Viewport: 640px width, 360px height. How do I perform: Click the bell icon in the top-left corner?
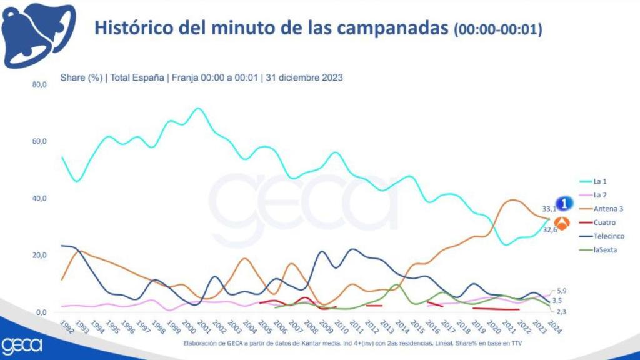[37, 34]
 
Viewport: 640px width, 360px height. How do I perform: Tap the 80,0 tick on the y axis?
[39, 84]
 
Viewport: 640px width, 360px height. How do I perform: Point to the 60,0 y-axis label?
[39, 141]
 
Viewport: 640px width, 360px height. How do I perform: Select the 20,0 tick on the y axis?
[39, 256]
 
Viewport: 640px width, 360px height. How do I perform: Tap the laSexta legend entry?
[604, 250]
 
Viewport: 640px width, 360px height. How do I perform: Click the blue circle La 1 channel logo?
[564, 203]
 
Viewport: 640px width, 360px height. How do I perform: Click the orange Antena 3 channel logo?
[562, 224]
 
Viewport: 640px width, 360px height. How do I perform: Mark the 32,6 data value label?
[548, 230]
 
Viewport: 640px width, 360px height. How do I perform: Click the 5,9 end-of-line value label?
[561, 291]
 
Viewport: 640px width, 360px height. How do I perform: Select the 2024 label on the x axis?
[552, 327]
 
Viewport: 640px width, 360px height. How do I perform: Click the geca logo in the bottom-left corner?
[22, 345]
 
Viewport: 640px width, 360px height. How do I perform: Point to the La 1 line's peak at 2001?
[198, 108]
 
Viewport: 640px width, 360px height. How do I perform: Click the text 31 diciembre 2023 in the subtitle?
[304, 77]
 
